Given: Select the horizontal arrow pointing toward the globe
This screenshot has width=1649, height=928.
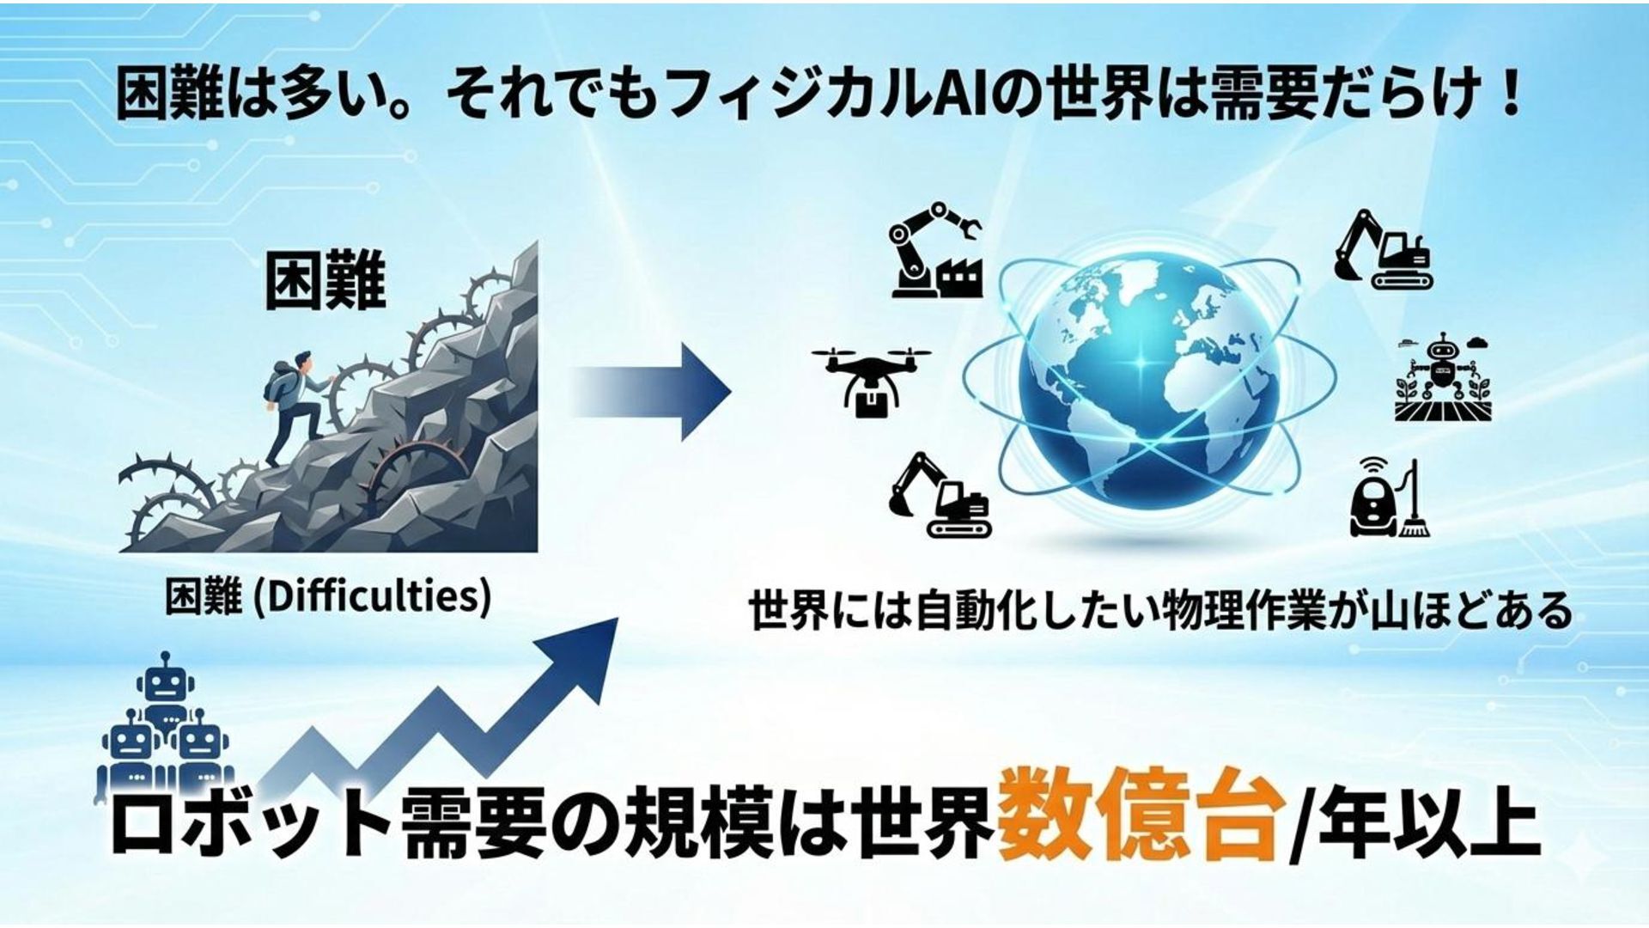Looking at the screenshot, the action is pyautogui.click(x=653, y=391).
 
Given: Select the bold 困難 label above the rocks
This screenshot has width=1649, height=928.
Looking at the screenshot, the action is pyautogui.click(x=325, y=281).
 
